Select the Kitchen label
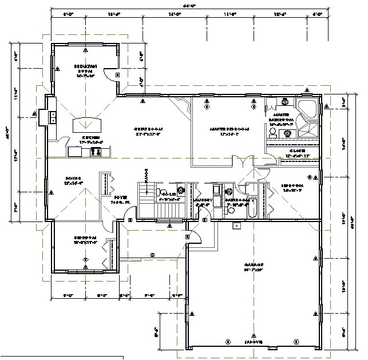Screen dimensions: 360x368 (x=92, y=138)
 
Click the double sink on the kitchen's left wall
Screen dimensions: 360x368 (x=52, y=117)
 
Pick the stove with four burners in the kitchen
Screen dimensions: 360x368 (x=96, y=152)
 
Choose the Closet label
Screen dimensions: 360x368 (x=296, y=152)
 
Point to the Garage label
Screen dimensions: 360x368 (x=254, y=265)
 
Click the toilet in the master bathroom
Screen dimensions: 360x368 (x=273, y=132)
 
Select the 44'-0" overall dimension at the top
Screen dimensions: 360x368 (x=189, y=5)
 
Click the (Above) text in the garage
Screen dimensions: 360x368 (x=253, y=342)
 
